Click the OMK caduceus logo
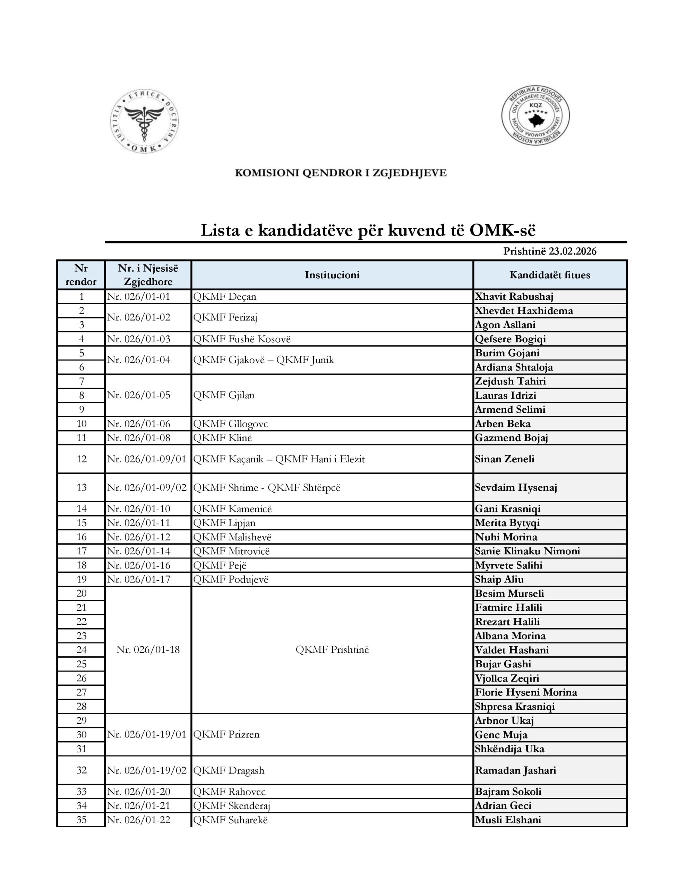[144, 121]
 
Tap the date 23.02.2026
[573, 251]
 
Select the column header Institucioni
[332, 275]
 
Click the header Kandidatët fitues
[550, 275]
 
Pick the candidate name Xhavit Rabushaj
[514, 297]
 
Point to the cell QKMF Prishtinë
[332, 649]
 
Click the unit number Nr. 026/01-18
[148, 649]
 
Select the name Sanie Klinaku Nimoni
[528, 551]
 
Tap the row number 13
[81, 487]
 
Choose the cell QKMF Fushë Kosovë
[242, 339]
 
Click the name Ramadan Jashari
[516, 770]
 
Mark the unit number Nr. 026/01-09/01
[146, 459]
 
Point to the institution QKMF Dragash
[229, 770]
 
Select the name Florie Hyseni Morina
[526, 692]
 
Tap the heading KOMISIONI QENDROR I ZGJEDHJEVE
[341, 173]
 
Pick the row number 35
[81, 820]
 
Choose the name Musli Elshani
[508, 820]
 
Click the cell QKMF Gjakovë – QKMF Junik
[264, 360]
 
